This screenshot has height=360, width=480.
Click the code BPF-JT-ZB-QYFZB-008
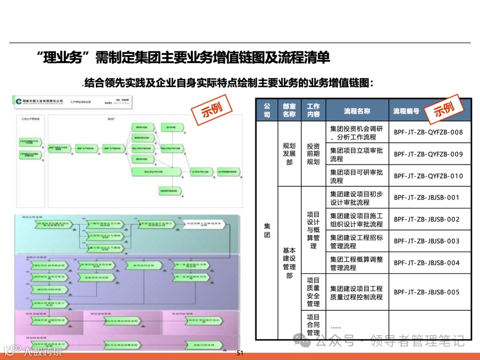(428, 132)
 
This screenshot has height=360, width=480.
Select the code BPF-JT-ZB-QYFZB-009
(428, 154)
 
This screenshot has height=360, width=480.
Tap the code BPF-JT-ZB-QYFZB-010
(428, 176)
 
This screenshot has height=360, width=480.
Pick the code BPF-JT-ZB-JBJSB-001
(427, 197)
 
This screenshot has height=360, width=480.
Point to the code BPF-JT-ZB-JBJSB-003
(427, 241)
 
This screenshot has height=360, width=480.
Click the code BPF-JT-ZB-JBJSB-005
(427, 292)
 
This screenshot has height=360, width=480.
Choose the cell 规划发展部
(289, 154)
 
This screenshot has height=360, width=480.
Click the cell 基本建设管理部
(289, 263)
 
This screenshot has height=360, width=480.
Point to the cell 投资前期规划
(313, 154)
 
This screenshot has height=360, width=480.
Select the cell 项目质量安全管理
(313, 292)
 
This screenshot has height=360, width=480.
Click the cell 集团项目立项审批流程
(356, 154)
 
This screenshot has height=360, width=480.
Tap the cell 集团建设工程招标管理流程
(356, 241)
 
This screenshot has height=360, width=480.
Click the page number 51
(240, 353)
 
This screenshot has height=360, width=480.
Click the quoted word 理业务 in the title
(64, 58)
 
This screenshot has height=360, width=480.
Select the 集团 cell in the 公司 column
(267, 230)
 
